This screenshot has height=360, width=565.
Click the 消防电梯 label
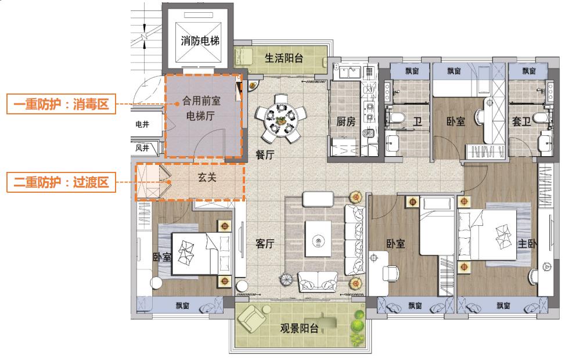[200, 41]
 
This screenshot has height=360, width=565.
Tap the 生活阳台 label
[284, 58]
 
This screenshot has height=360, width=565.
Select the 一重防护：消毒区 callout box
[61, 105]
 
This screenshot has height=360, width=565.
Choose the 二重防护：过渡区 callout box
[61, 182]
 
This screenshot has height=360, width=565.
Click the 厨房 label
[346, 122]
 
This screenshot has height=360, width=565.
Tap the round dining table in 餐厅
[280, 120]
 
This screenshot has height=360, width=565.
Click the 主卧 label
[526, 244]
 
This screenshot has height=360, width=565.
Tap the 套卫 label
[521, 122]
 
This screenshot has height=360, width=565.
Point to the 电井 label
[142, 124]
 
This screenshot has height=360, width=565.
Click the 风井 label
[142, 148]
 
